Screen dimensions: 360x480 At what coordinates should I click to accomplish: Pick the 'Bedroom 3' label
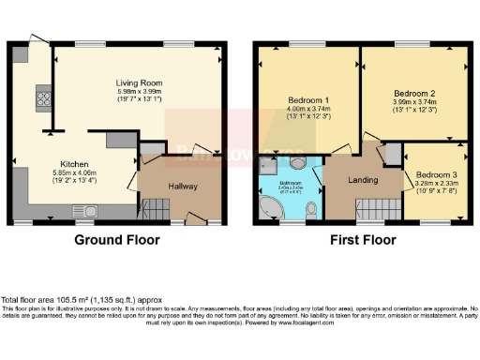pos(436,175)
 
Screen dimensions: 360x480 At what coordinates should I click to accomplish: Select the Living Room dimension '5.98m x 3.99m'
pos(139,90)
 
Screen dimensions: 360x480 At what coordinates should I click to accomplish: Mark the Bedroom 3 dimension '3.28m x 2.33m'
pos(437,184)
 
